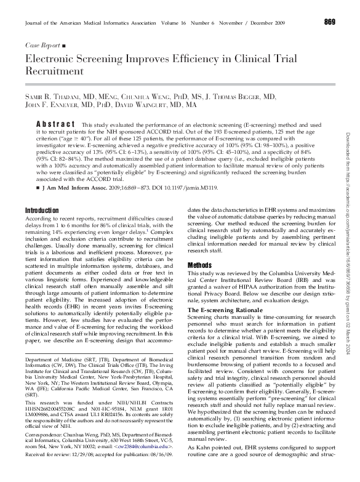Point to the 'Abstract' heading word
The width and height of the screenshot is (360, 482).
point(56,125)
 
